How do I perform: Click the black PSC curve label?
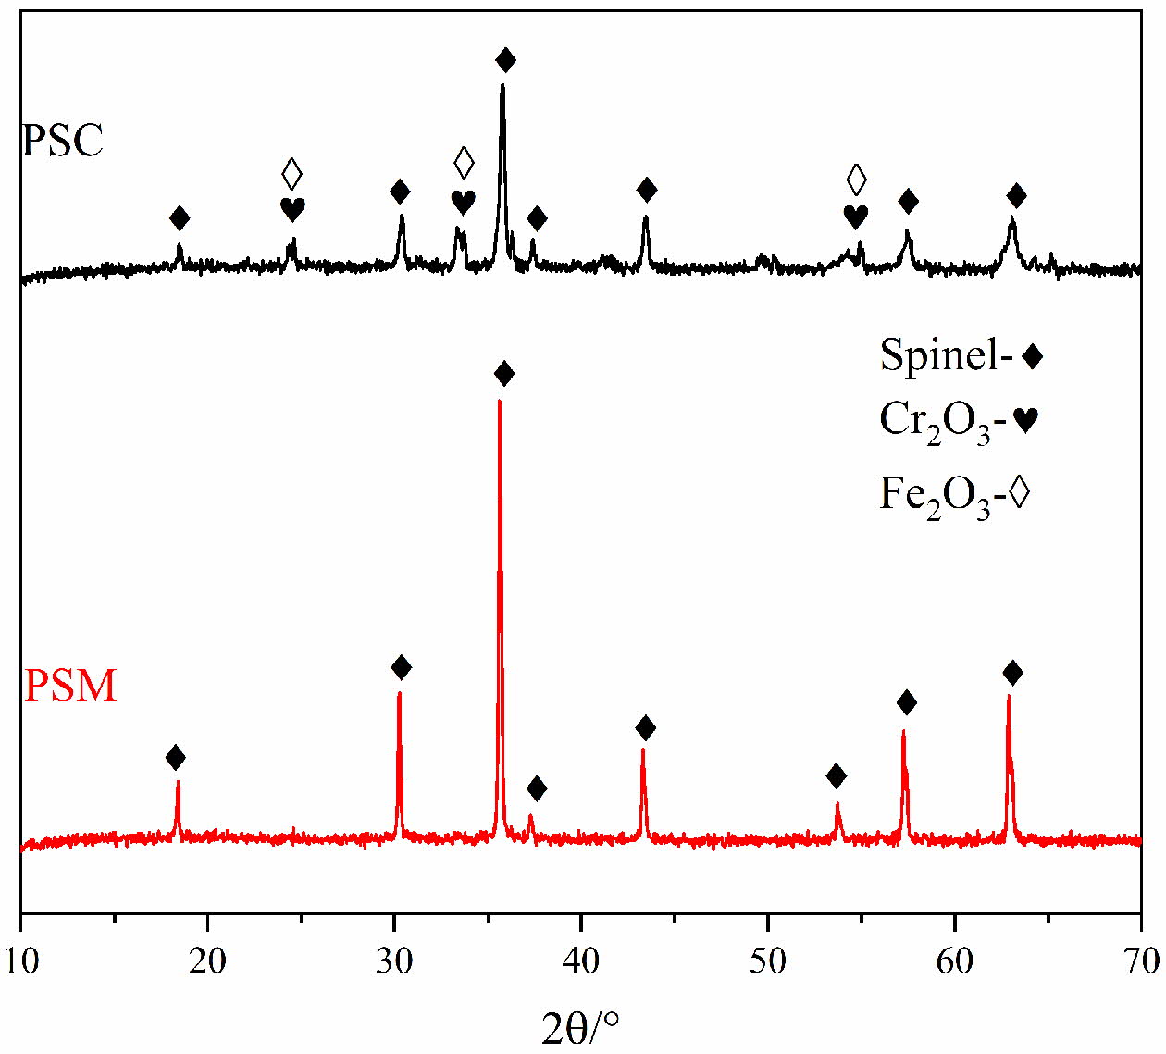(x=62, y=141)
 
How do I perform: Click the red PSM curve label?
(x=70, y=687)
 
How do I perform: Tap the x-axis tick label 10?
(x=20, y=961)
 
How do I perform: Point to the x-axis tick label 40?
(x=580, y=961)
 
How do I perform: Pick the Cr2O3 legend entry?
(x=959, y=422)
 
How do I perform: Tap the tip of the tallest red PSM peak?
(x=499, y=402)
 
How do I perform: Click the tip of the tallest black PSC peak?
(x=502, y=86)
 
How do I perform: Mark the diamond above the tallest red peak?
(x=504, y=375)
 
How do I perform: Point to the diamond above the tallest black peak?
(x=505, y=61)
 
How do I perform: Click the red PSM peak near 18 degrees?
(x=178, y=783)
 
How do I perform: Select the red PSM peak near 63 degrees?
(x=1008, y=696)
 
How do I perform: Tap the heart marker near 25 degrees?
(x=292, y=210)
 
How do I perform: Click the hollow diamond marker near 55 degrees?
(x=857, y=178)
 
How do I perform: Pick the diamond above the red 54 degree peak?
(x=837, y=775)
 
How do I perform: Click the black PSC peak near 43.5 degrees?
(x=645, y=217)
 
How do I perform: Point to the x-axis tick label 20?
(x=207, y=961)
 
